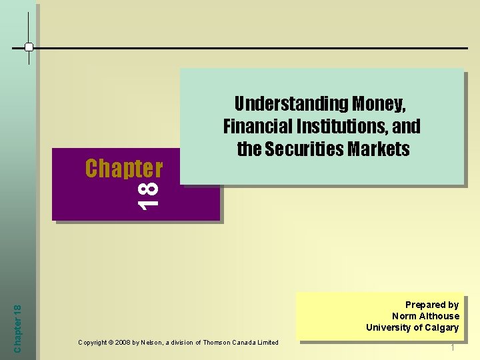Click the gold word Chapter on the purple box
(123, 169)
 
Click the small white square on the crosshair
(29, 47)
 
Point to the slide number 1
(453, 348)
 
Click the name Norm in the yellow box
(405, 316)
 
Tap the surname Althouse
(440, 316)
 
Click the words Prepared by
(432, 305)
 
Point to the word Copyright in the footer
(94, 343)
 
